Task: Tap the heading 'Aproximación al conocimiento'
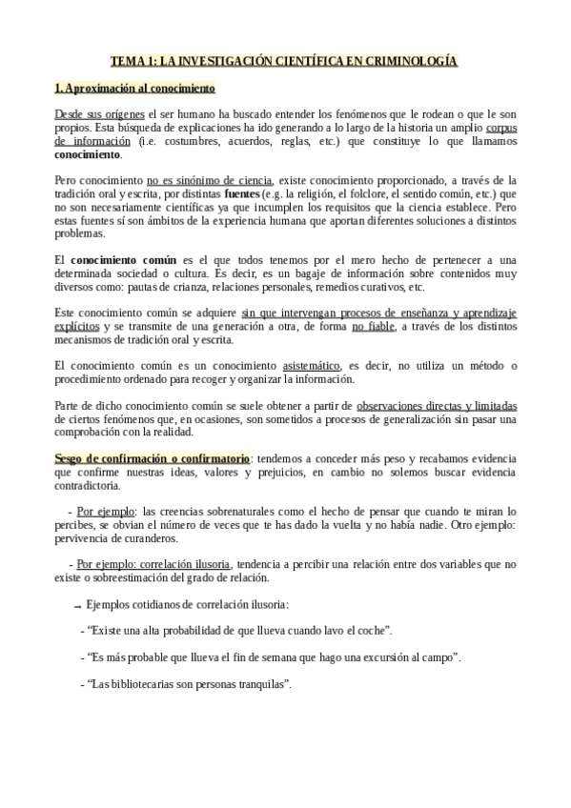[x=138, y=89]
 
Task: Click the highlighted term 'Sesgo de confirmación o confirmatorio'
[x=152, y=457]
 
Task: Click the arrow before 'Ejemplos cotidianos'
[x=76, y=605]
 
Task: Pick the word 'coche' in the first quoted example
[x=371, y=631]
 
